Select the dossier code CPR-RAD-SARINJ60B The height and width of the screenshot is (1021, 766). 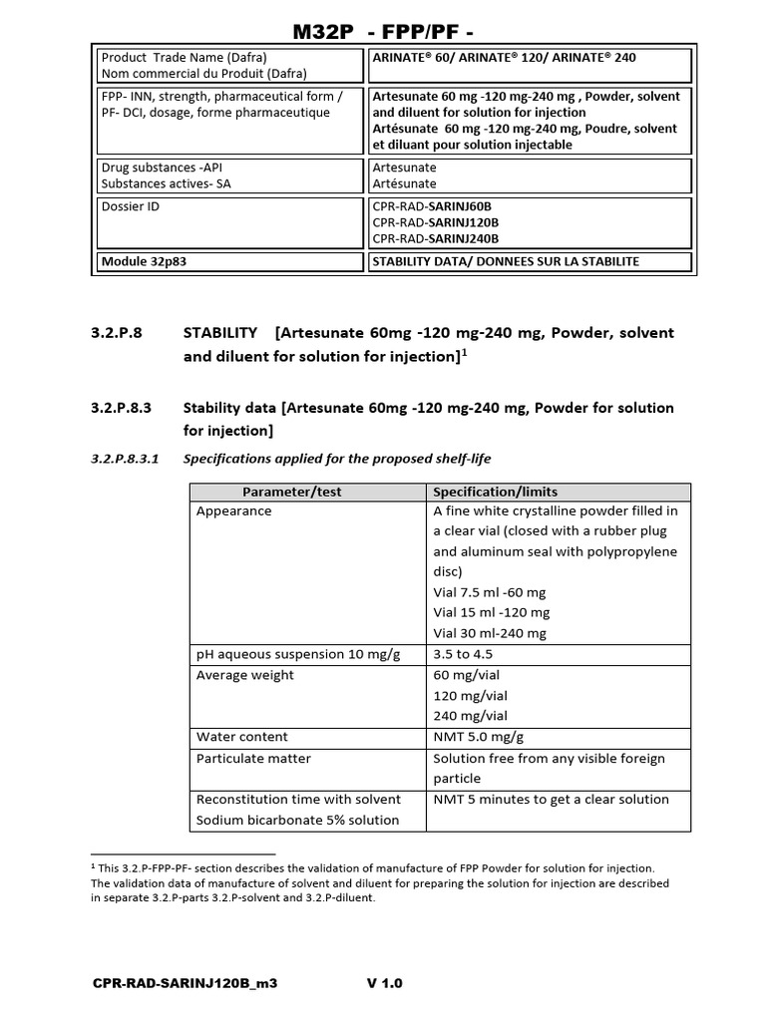pyautogui.click(x=435, y=207)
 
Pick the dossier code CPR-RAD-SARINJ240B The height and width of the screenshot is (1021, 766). pyautogui.click(x=435, y=239)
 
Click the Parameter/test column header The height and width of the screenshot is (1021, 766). pyautogui.click(x=306, y=492)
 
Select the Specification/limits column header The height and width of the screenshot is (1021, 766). pyautogui.click(x=495, y=492)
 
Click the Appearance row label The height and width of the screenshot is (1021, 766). pyautogui.click(x=233, y=511)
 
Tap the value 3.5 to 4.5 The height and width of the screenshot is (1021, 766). pyautogui.click(x=463, y=655)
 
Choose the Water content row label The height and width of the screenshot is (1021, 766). pyautogui.click(x=241, y=737)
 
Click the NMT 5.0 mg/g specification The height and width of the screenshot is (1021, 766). pyautogui.click(x=479, y=737)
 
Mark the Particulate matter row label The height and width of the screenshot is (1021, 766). pyautogui.click(x=253, y=759)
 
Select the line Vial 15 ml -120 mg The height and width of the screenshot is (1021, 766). pyautogui.click(x=491, y=613)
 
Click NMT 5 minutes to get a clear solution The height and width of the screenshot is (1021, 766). pyautogui.click(x=550, y=800)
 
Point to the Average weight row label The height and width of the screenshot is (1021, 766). pyautogui.click(x=244, y=676)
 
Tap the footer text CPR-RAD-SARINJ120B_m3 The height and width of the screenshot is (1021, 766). pyautogui.click(x=185, y=984)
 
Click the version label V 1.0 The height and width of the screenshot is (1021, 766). pyautogui.click(x=385, y=984)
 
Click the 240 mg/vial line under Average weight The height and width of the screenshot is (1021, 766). pyautogui.click(x=470, y=716)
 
